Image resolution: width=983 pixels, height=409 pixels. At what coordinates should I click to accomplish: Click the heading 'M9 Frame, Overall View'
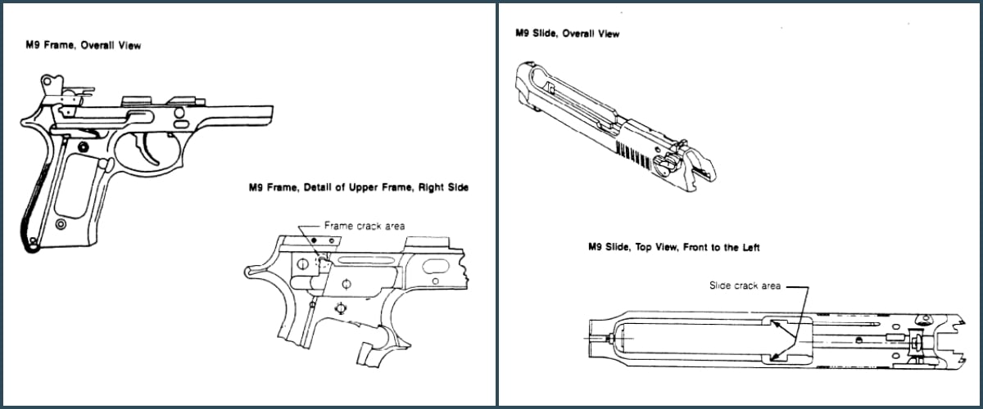click(82, 46)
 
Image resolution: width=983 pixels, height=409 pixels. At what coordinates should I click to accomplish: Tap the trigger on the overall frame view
click(151, 149)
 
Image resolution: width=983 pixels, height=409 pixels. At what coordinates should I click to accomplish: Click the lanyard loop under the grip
click(31, 240)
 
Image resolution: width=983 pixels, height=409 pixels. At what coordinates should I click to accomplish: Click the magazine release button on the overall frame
click(103, 164)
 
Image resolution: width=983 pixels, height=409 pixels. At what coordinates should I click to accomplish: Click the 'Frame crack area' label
click(365, 225)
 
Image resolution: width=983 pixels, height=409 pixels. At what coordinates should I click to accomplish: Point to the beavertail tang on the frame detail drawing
click(250, 272)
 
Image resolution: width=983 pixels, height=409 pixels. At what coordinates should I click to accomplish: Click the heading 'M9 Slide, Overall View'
click(567, 34)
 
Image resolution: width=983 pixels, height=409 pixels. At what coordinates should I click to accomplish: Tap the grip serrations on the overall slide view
click(634, 151)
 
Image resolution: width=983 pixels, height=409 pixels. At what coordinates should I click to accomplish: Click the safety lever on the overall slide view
click(662, 160)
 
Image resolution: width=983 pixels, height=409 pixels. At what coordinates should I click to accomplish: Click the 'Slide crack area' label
click(745, 285)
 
